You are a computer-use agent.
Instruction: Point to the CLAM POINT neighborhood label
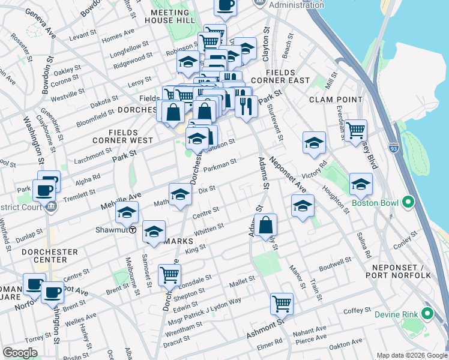pos(336,100)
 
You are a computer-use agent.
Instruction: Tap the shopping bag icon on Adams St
pos(265,226)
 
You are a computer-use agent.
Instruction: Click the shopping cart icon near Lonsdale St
pos(170,275)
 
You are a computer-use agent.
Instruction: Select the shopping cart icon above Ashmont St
pos(282,304)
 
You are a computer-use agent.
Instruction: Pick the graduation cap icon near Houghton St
pos(361,185)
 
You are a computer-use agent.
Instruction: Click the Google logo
pos(20,353)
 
